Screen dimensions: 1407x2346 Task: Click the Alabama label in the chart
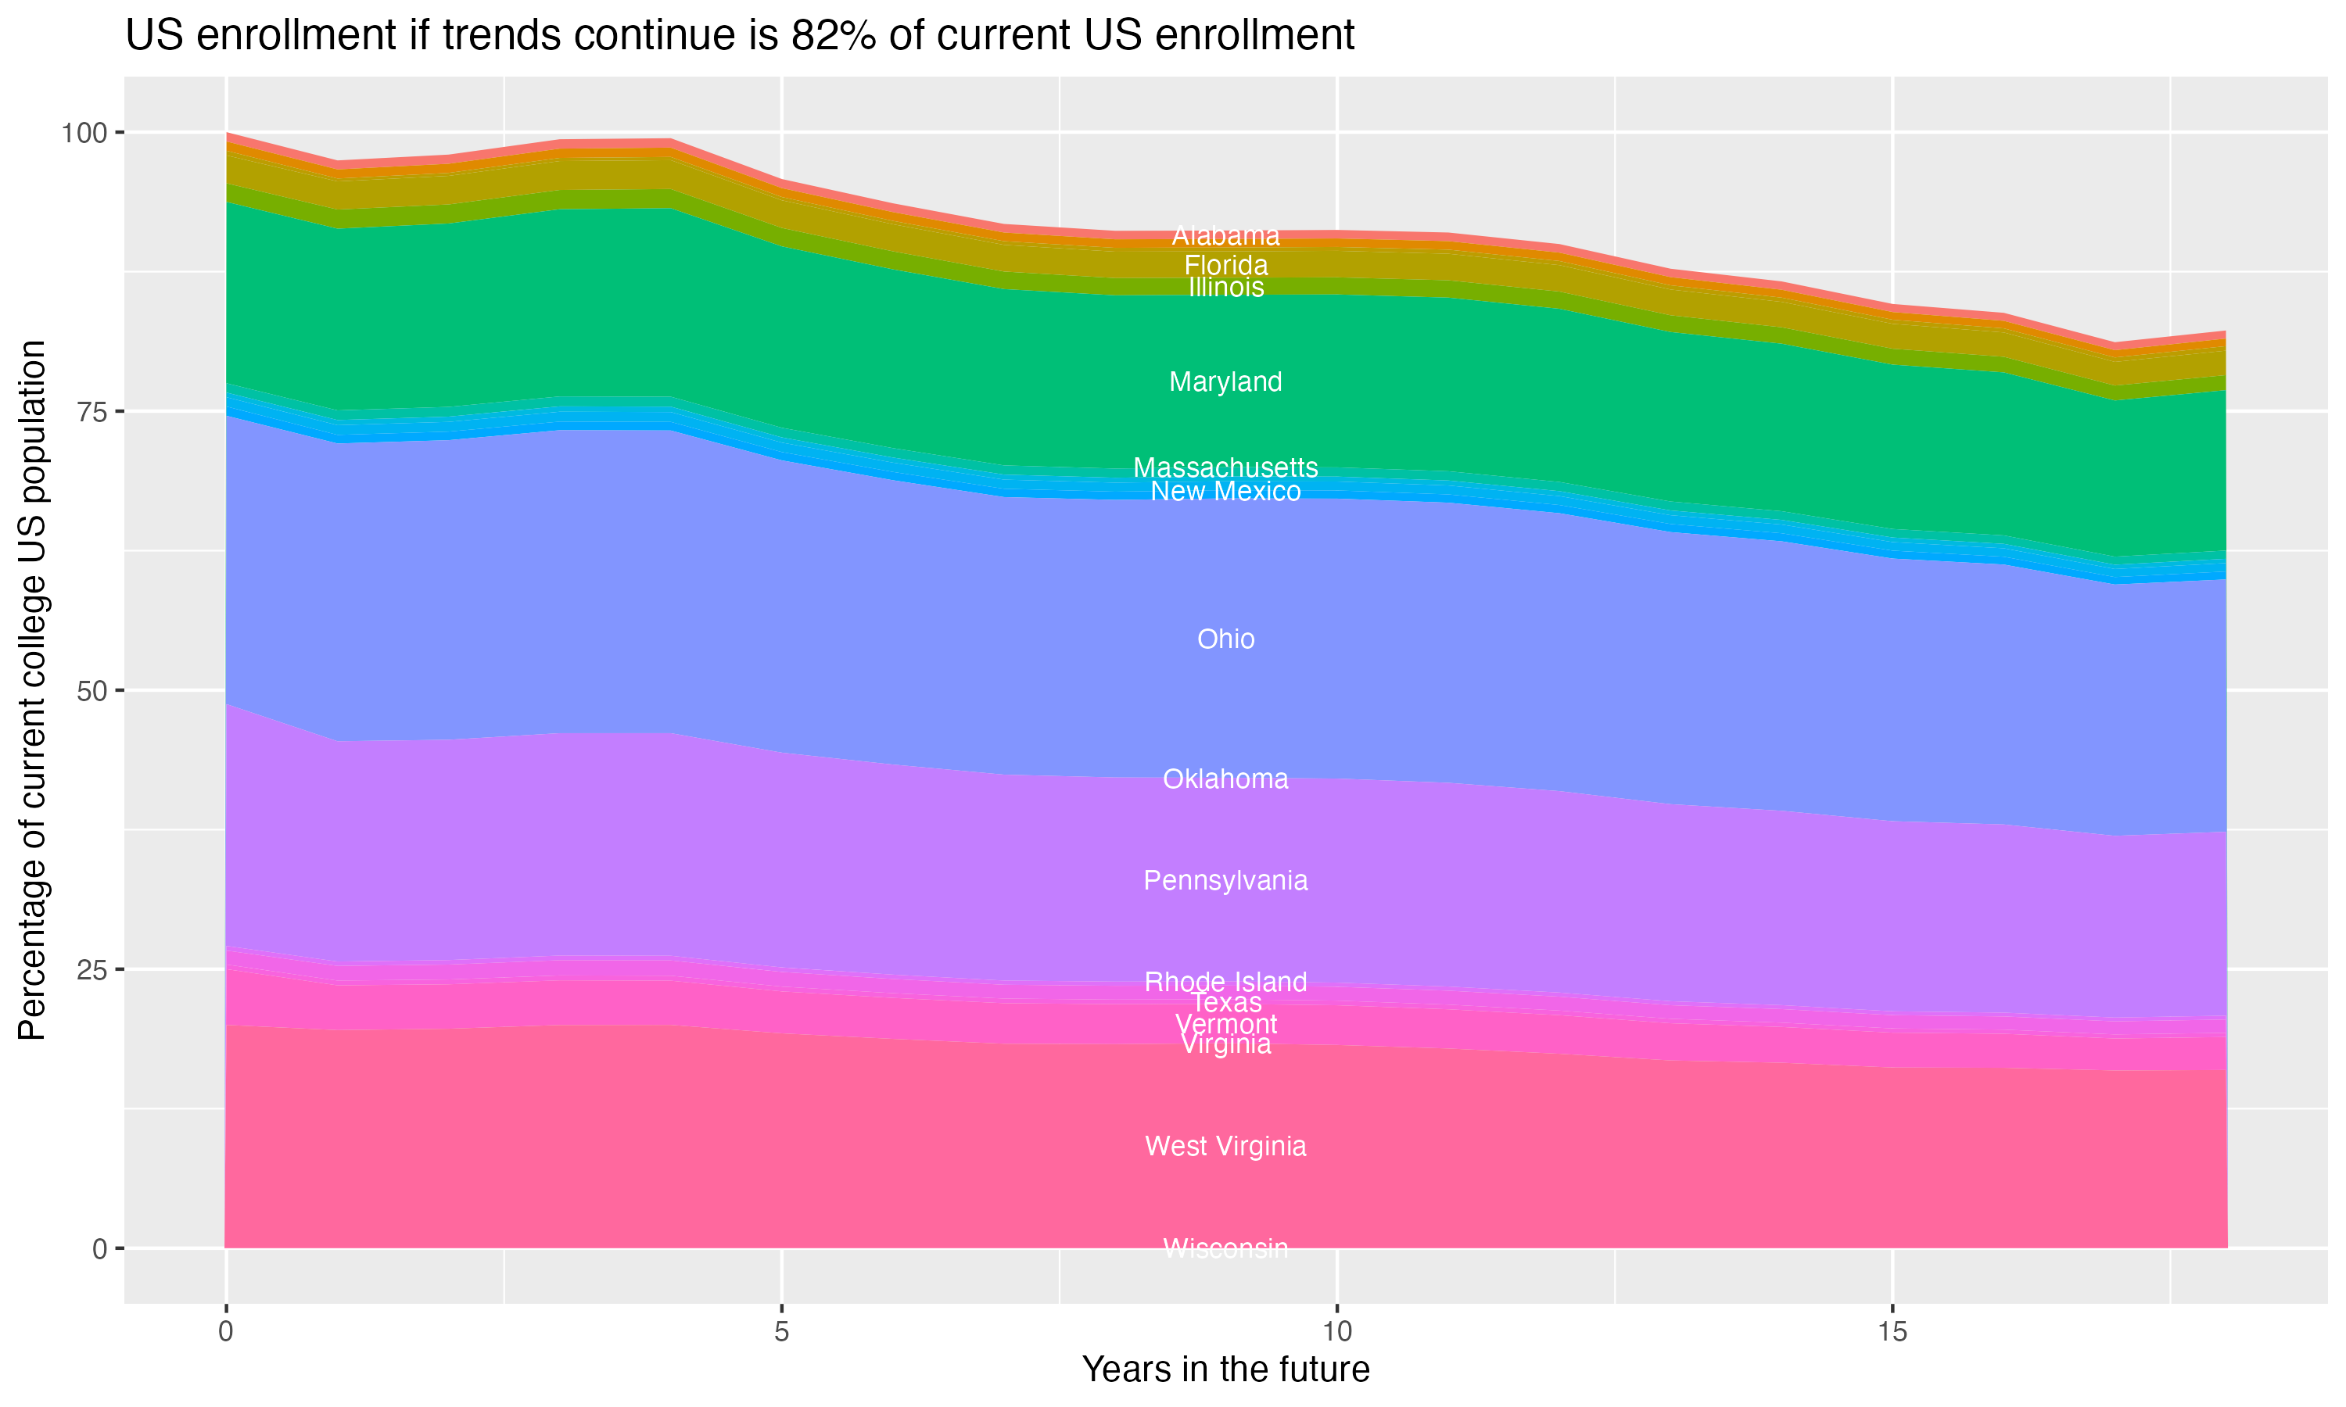pos(1225,235)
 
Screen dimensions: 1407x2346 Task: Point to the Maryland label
pos(1225,381)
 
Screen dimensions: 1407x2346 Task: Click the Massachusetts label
pos(1225,467)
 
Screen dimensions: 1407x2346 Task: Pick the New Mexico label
pos(1225,491)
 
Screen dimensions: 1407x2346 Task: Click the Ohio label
pos(1225,639)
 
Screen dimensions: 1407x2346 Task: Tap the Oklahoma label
pos(1225,779)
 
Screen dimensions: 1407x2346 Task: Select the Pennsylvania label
pos(1225,880)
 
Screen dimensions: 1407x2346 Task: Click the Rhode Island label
pos(1225,981)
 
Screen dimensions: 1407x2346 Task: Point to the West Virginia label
pos(1225,1145)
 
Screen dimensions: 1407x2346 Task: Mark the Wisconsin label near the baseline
pos(1225,1248)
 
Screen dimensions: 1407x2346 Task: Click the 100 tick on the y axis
pos(84,133)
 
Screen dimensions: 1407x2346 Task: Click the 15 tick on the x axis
pos(1892,1332)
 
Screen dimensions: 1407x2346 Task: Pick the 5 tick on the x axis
pos(781,1332)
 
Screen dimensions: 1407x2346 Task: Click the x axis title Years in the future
pos(1225,1369)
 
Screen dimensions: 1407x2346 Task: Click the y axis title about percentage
pos(32,690)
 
